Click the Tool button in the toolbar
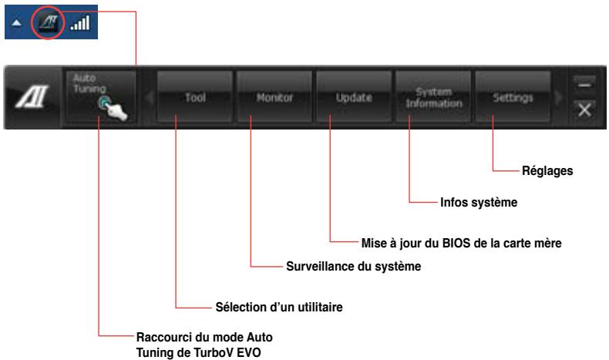pyautogui.click(x=194, y=98)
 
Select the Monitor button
pyautogui.click(x=274, y=98)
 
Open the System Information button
pyautogui.click(x=432, y=98)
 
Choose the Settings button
pyautogui.click(x=512, y=98)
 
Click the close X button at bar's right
pyautogui.click(x=586, y=109)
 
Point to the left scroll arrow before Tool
pyautogui.click(x=150, y=99)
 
